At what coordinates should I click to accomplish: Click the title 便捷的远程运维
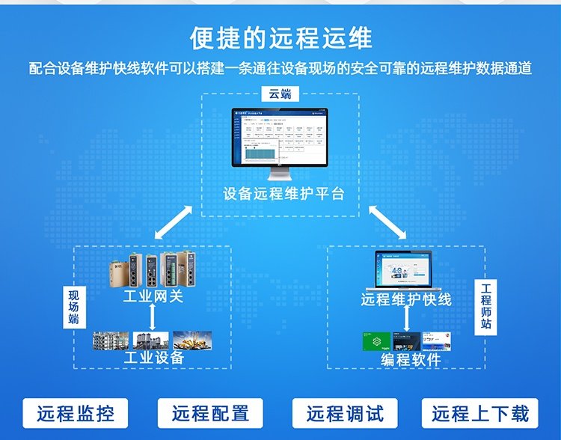tap(280, 37)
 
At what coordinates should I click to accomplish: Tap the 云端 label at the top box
tap(280, 94)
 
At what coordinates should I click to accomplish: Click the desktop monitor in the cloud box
tap(280, 142)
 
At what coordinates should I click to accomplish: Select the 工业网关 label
tap(153, 297)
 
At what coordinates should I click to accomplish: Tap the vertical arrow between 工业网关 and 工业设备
tap(153, 317)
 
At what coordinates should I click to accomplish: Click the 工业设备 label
tap(153, 358)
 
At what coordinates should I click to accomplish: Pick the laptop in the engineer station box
tap(406, 270)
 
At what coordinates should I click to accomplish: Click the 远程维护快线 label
tap(406, 299)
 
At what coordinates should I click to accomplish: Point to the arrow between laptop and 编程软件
tap(406, 319)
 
